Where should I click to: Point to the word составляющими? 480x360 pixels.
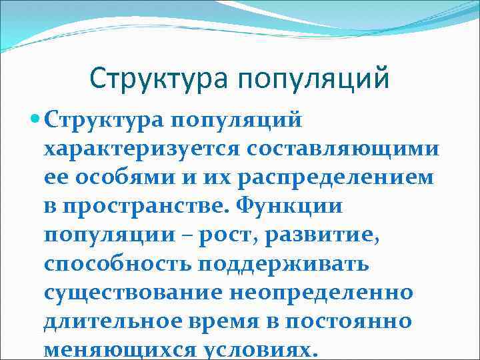pos(346,149)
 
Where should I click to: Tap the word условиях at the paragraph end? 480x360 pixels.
pos(261,351)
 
